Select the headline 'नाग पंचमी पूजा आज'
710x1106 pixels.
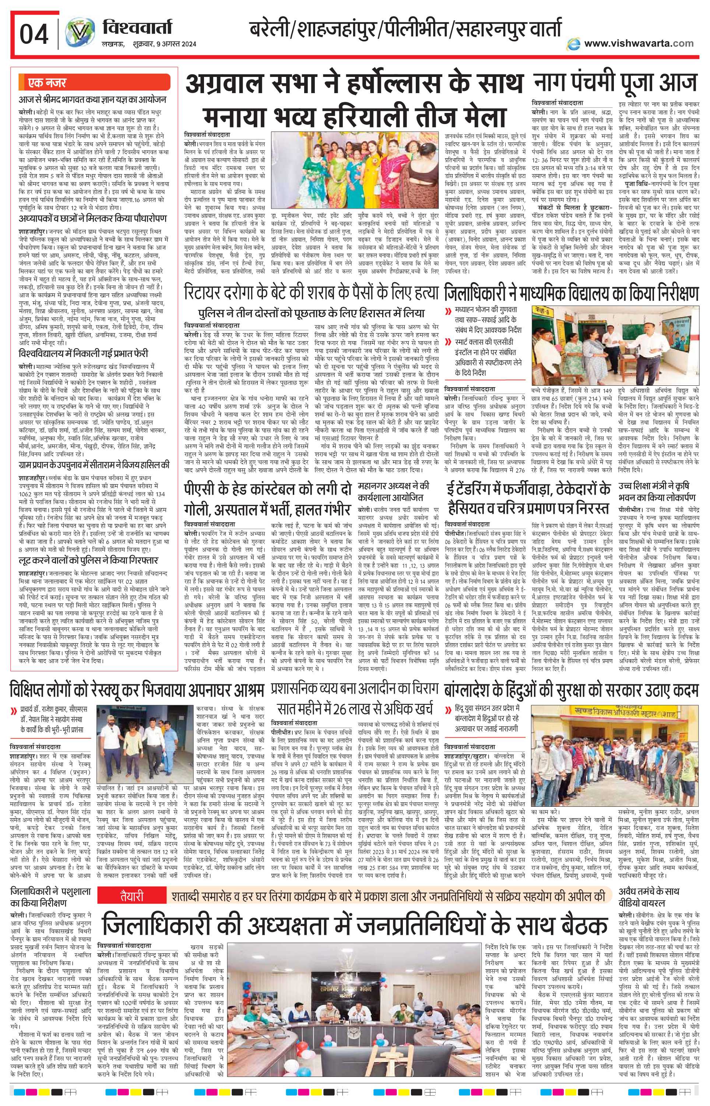tap(615, 84)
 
